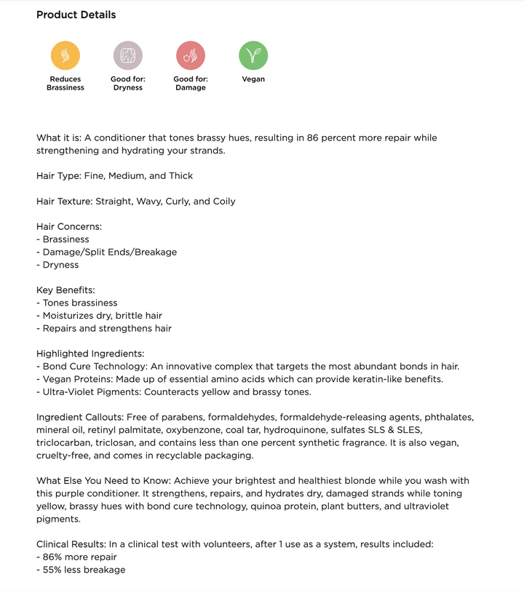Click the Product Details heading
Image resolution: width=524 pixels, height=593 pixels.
point(76,15)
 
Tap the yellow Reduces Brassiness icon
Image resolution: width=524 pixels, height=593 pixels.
point(65,55)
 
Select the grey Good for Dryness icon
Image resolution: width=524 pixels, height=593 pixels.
point(128,55)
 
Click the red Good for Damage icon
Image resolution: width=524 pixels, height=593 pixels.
point(191,55)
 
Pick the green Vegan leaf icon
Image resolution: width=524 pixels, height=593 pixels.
point(253,55)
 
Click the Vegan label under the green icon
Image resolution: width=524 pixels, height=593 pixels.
point(253,79)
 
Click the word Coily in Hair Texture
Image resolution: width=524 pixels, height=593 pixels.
point(223,201)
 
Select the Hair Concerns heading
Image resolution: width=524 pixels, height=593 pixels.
point(69,226)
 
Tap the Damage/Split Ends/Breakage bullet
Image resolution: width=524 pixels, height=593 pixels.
point(109,252)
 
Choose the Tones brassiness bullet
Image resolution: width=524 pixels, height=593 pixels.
point(79,303)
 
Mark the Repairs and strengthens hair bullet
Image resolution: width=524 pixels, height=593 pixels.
point(106,328)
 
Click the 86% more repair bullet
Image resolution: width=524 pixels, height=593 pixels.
point(79,557)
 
